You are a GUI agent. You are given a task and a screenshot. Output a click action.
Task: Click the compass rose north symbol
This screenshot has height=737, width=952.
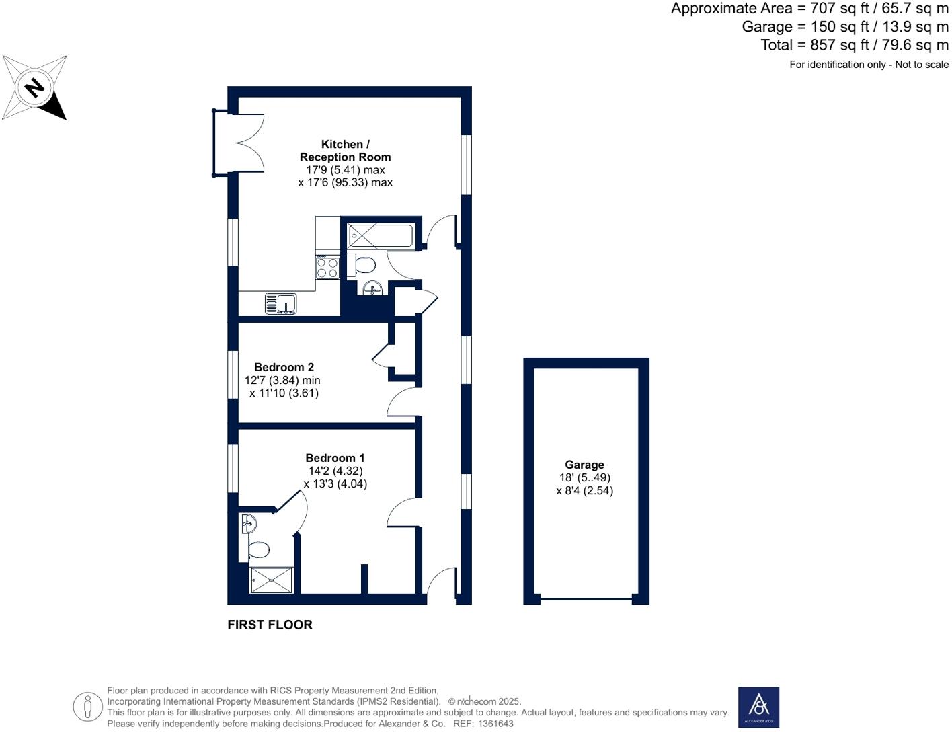click(34, 87)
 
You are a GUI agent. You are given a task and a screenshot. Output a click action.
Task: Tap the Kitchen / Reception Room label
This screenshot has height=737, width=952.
click(345, 151)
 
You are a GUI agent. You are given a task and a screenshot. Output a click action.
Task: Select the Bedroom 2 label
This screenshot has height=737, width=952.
click(284, 367)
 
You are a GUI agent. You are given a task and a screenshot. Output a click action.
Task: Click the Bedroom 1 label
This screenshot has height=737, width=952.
click(335, 458)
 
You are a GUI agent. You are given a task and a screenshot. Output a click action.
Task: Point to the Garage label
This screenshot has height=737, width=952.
click(584, 465)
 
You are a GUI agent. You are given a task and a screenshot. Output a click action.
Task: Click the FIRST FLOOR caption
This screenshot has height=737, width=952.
click(270, 625)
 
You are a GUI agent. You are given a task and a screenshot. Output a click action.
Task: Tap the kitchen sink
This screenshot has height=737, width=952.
click(281, 303)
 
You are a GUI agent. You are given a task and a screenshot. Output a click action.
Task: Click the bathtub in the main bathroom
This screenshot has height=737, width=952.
click(380, 236)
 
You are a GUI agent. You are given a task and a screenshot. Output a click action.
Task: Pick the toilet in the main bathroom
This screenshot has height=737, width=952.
click(362, 265)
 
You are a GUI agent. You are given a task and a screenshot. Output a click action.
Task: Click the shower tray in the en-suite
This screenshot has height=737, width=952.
click(272, 580)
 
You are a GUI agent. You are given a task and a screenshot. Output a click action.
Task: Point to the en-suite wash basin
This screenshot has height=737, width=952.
click(248, 523)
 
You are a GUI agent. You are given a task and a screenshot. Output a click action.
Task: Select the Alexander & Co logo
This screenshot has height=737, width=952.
click(758, 707)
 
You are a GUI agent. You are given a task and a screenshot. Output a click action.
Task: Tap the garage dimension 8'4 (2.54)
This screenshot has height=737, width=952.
click(584, 490)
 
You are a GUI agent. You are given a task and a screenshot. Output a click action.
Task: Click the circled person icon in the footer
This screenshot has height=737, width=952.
click(87, 707)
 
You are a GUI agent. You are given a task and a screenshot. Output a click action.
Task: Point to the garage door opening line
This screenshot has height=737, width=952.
click(586, 598)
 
